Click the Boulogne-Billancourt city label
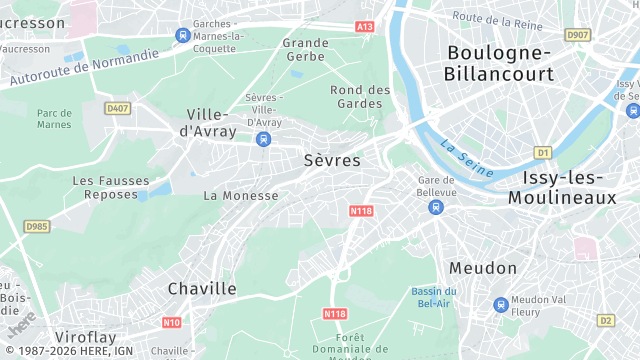(x=500, y=62)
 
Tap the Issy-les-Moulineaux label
(x=562, y=188)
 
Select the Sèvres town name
(x=331, y=160)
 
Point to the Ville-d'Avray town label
(x=212, y=122)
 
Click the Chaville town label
(x=202, y=289)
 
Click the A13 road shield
(x=365, y=27)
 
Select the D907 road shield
(x=577, y=35)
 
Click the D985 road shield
(x=36, y=227)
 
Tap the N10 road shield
(x=171, y=322)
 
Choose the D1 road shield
(x=542, y=153)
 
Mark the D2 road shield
(x=605, y=321)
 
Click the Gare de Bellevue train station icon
(x=435, y=207)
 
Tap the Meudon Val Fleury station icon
(x=500, y=304)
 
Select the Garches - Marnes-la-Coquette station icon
(x=182, y=35)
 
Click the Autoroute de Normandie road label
(x=84, y=68)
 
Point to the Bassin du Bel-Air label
(x=432, y=296)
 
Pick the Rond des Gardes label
(x=360, y=96)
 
